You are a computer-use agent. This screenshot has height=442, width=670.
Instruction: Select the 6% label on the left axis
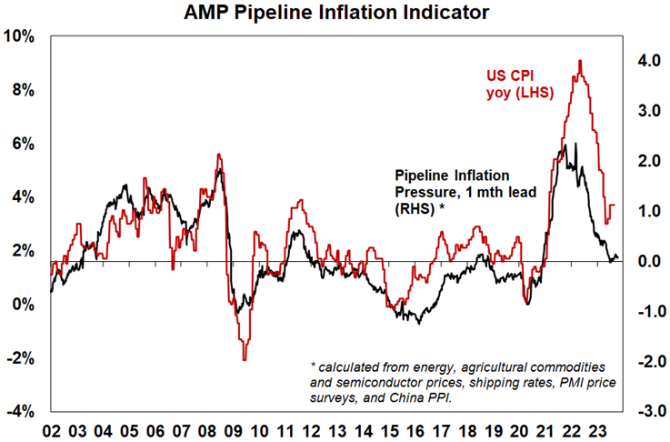pos(22,144)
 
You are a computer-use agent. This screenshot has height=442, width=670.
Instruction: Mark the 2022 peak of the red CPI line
pos(580,61)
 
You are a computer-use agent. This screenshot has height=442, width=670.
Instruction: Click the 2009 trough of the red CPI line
pos(244,360)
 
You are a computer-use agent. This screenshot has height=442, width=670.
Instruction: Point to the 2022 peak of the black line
pos(565,145)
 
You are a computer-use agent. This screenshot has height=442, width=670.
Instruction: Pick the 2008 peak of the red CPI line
pos(218,155)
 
